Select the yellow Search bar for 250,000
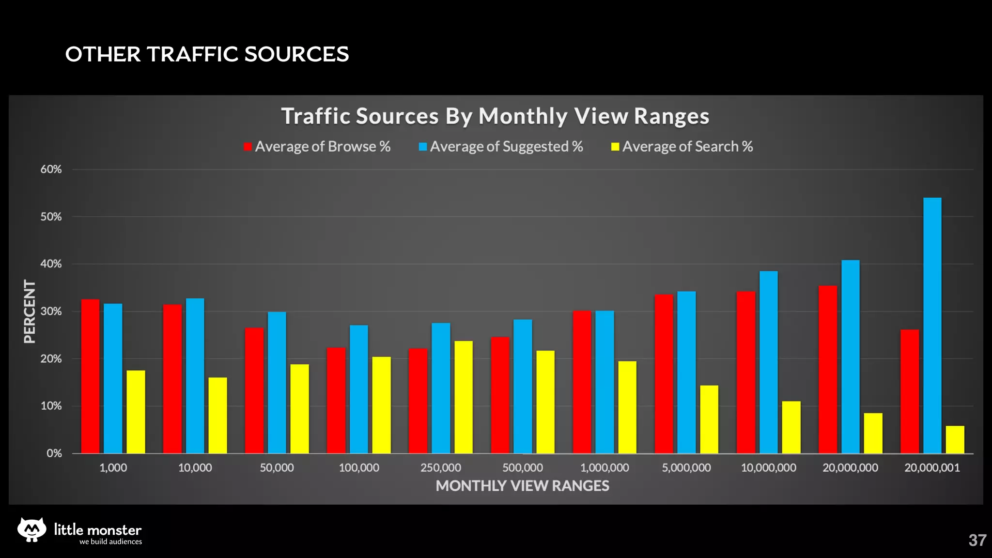pyautogui.click(x=464, y=397)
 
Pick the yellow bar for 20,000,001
pyautogui.click(x=955, y=440)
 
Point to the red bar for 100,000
pyautogui.click(x=336, y=401)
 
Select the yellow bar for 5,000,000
pyautogui.click(x=709, y=419)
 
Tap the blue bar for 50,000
pyautogui.click(x=277, y=383)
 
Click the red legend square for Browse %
pyautogui.click(x=248, y=147)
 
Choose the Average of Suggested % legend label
pyautogui.click(x=506, y=146)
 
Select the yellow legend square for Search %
pyautogui.click(x=615, y=147)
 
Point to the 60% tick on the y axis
pyautogui.click(x=51, y=170)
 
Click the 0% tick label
pyautogui.click(x=54, y=453)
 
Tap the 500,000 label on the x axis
pyautogui.click(x=522, y=468)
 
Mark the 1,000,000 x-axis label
pyautogui.click(x=604, y=468)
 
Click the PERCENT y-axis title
pyautogui.click(x=30, y=311)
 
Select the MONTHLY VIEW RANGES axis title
pyautogui.click(x=522, y=486)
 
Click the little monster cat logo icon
pyautogui.click(x=32, y=529)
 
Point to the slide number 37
pyautogui.click(x=977, y=540)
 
